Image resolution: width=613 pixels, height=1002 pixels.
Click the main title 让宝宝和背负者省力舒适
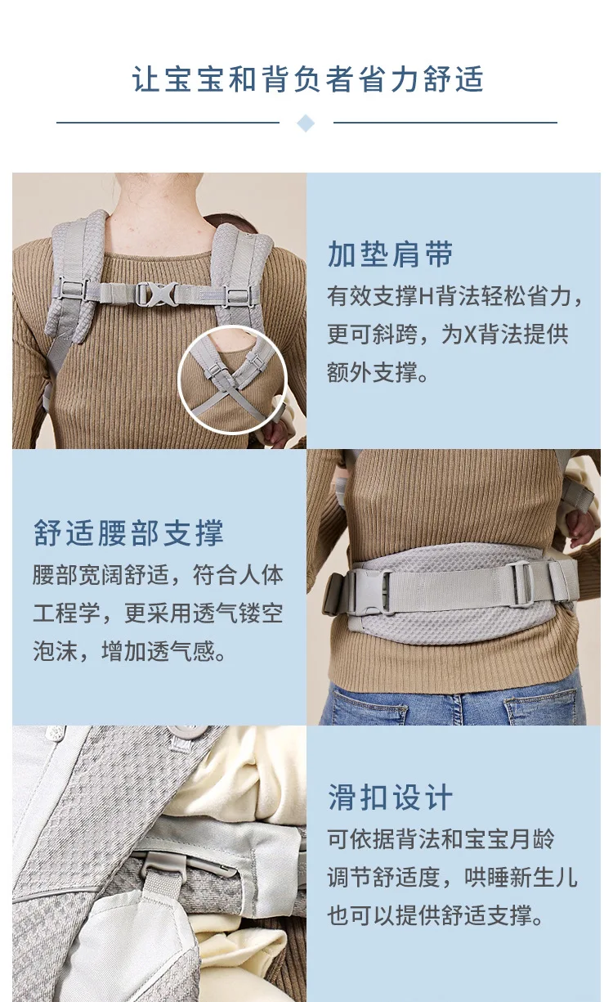[307, 79]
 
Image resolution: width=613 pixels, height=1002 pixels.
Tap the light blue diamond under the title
[306, 123]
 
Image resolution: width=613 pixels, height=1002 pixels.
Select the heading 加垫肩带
[390, 254]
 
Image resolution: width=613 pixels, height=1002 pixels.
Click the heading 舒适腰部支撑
[128, 532]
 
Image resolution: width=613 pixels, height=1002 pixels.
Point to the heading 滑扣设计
[391, 797]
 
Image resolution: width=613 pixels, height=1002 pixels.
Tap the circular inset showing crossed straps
[232, 380]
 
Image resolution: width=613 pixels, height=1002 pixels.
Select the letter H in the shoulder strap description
[427, 297]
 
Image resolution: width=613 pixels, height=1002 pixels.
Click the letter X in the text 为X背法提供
[470, 335]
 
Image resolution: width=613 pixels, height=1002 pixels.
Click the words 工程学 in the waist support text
[67, 613]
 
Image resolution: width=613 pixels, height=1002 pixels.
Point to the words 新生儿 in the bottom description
[544, 877]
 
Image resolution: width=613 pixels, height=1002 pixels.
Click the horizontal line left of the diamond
[168, 122]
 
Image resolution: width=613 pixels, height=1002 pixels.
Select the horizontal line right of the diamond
[445, 122]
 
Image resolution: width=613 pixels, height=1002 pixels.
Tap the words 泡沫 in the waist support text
[56, 651]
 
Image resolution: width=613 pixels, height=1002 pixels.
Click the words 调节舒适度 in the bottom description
[383, 877]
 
